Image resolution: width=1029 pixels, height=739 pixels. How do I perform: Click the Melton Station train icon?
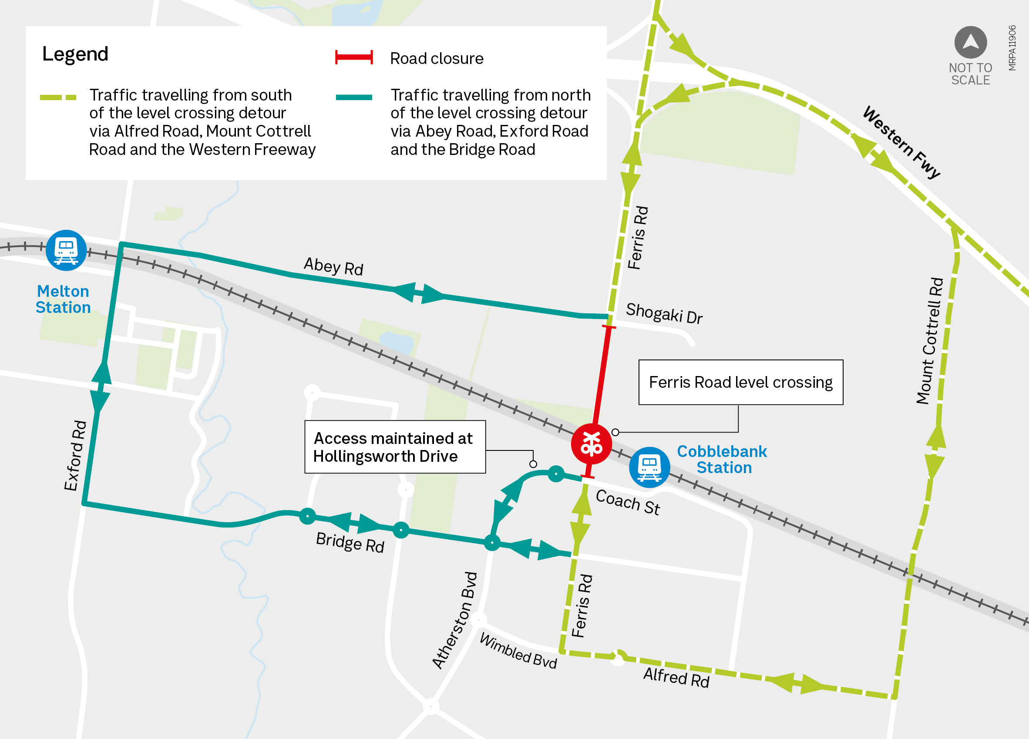66,250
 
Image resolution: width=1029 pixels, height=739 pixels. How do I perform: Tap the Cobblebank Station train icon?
649,467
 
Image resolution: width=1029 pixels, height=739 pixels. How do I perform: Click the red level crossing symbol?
591,443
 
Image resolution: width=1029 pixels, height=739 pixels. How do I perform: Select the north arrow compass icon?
971,42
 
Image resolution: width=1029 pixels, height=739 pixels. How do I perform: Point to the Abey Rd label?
333,266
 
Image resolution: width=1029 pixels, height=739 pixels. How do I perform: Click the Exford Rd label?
75,456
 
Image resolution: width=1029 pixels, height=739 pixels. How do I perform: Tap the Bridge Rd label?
350,542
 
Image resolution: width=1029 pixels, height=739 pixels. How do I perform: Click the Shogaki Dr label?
664,313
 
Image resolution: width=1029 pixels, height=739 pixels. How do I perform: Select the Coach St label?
628,502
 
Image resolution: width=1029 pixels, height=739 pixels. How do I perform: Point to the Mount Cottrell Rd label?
930,341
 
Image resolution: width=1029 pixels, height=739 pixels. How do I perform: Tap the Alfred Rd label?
676,678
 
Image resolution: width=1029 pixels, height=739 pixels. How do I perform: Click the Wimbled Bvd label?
518,651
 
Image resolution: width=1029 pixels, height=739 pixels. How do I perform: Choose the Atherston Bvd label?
454,621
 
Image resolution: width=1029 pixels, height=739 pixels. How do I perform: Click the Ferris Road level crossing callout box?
740,383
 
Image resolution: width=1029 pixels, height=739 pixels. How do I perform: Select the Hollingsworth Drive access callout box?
395,447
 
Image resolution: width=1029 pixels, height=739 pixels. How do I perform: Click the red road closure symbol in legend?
354,57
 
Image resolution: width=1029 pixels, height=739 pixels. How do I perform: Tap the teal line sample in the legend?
354,97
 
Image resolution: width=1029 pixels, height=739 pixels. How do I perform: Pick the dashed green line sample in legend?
58,97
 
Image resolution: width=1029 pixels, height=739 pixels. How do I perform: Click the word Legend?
75,54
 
